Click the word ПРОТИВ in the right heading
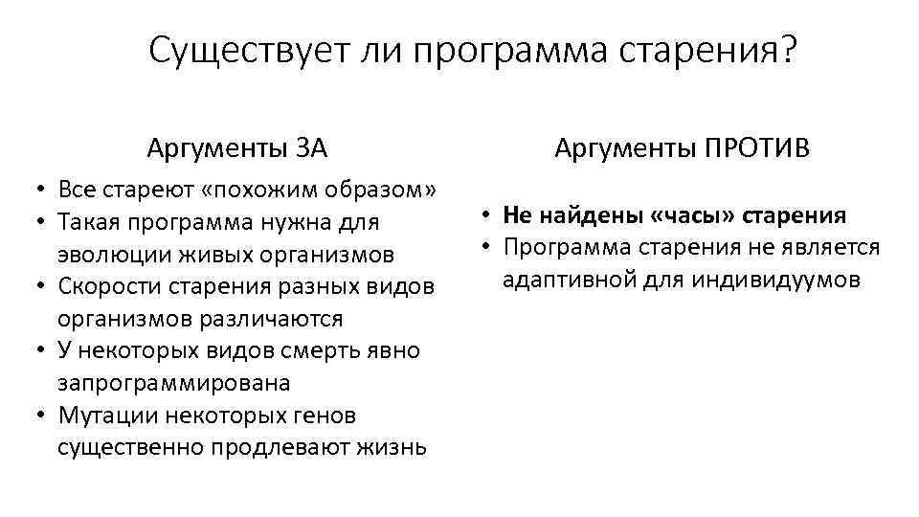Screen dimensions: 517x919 tap(758, 148)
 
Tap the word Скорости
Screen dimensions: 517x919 tap(105, 287)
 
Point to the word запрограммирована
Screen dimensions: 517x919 tap(173, 383)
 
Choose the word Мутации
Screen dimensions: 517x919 tap(105, 416)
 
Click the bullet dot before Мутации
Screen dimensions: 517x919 tap(43, 416)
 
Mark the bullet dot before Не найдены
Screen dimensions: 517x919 tap(487, 215)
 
